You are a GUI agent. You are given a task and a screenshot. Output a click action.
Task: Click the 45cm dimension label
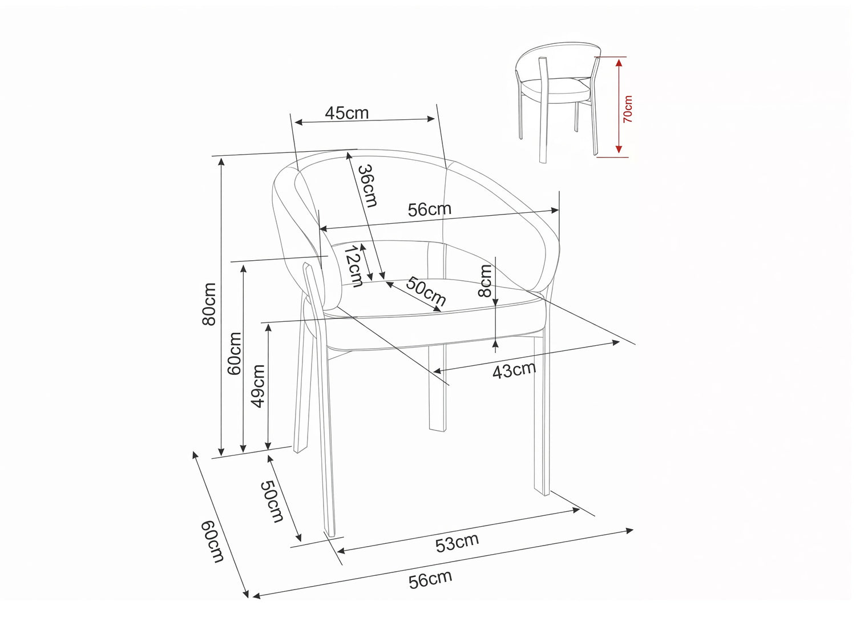[x=347, y=113]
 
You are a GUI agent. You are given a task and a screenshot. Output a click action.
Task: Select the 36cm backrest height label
[x=368, y=185]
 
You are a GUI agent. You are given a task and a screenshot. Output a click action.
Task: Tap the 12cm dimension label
[x=354, y=267]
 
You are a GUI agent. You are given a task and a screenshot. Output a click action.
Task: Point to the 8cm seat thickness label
[x=485, y=281]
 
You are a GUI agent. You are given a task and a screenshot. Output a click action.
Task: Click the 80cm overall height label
[x=209, y=304]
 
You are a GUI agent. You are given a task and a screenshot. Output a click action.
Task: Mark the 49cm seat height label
[x=259, y=386]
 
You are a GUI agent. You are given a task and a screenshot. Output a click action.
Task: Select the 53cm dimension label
[x=457, y=543]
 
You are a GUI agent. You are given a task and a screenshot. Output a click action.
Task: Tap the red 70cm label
[x=628, y=110]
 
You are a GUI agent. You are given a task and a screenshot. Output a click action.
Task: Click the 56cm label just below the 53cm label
[x=430, y=580]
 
